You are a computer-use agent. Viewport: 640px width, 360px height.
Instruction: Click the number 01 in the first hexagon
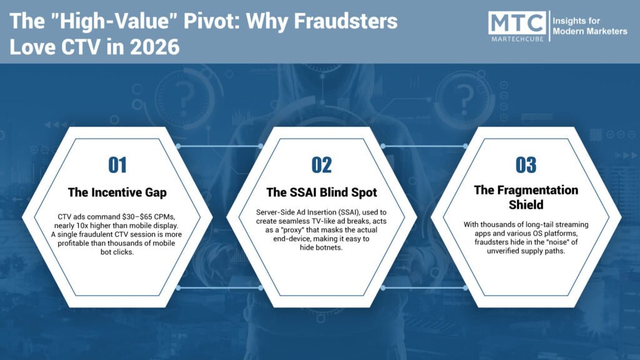[x=117, y=165]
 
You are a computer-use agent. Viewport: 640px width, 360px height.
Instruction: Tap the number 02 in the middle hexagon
[x=322, y=165]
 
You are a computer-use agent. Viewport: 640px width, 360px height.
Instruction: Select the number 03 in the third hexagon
[x=526, y=165]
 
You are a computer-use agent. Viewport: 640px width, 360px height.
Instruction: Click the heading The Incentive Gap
[x=117, y=192]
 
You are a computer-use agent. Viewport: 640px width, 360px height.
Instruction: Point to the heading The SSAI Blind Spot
[x=322, y=192]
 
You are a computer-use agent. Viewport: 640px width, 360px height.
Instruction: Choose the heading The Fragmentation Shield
[x=526, y=197]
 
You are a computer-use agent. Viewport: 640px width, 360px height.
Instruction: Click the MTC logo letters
[x=517, y=23]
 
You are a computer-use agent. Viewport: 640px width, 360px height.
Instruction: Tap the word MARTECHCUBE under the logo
[x=517, y=39]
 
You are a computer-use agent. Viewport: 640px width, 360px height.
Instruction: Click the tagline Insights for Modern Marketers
[x=590, y=26]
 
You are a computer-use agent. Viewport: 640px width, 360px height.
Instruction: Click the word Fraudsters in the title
[x=346, y=21]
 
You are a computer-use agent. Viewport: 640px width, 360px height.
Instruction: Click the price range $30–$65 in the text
[x=137, y=217]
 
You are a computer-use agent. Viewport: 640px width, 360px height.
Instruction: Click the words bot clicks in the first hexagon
[x=117, y=252]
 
